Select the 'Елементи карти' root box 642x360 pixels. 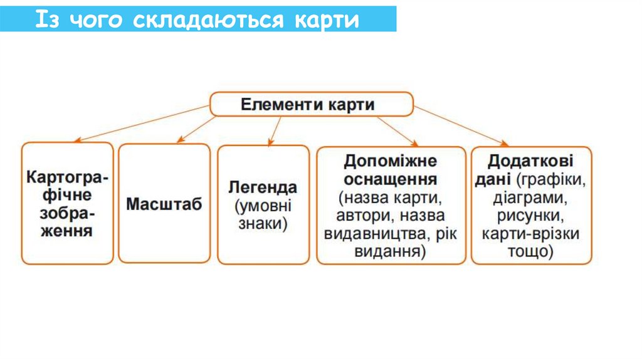point(311,104)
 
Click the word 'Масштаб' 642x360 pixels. point(164,204)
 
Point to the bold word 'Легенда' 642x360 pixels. point(263,188)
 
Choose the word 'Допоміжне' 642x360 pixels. point(391,161)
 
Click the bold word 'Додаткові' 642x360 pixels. point(530,161)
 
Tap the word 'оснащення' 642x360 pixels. point(391,179)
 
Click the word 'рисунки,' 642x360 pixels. point(530,216)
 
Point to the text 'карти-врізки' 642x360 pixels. point(530,235)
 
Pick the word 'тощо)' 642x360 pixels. point(530,252)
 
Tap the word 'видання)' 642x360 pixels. point(391,252)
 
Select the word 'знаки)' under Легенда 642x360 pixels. point(263,224)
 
